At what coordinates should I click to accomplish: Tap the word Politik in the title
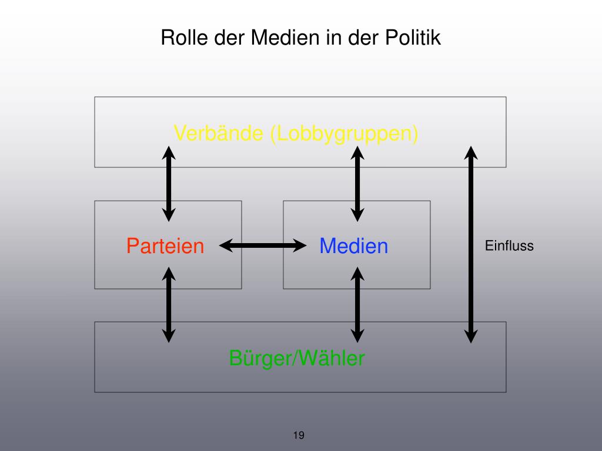413,38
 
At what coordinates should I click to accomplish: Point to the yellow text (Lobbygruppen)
344,134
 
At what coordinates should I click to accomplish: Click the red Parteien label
165,245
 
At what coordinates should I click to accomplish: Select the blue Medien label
354,245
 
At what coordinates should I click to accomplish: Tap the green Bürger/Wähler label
297,358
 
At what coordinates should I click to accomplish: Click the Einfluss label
509,245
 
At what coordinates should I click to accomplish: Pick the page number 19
298,435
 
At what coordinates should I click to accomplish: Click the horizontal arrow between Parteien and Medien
263,245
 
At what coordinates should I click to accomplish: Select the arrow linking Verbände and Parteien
169,183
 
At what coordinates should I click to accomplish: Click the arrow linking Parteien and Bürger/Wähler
169,304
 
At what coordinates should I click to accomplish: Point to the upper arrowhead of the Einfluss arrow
471,153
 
